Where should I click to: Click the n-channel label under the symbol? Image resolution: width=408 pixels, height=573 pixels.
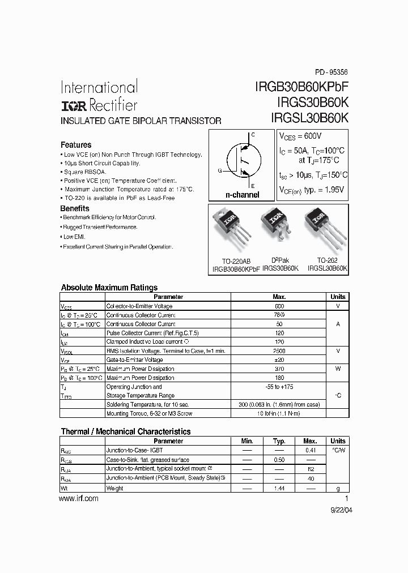click(243, 195)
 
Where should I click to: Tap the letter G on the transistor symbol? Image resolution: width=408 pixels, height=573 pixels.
click(219, 170)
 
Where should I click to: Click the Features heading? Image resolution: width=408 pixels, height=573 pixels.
click(76, 145)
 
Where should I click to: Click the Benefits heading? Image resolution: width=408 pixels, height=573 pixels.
click(75, 208)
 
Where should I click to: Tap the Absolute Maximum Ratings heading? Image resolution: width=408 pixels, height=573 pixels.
click(109, 288)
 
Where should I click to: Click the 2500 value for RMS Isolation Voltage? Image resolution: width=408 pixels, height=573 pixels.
click(279, 351)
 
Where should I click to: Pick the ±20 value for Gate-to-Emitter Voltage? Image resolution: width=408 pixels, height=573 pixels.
click(279, 360)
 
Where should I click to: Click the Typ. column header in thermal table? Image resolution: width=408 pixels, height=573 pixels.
click(279, 441)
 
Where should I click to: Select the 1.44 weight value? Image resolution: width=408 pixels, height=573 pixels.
click(279, 487)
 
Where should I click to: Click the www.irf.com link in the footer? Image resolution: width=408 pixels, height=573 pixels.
click(79, 499)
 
